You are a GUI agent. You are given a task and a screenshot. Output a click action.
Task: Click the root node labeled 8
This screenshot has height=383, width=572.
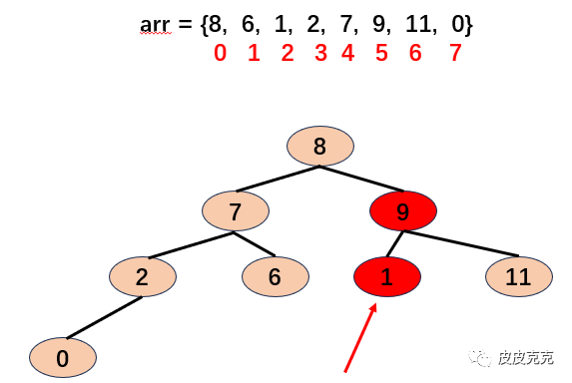tap(319, 146)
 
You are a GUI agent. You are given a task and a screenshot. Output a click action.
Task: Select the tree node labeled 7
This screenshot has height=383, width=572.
tap(236, 210)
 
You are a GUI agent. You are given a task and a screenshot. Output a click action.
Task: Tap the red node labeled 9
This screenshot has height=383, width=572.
tap(403, 210)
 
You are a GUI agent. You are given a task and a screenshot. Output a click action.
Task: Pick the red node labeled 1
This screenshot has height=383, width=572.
tap(387, 276)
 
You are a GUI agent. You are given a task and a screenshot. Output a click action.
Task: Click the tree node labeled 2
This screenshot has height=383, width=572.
tap(143, 276)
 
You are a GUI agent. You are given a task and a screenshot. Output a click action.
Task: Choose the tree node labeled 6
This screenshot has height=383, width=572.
tap(276, 276)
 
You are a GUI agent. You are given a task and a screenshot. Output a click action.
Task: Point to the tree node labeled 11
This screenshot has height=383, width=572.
tap(519, 276)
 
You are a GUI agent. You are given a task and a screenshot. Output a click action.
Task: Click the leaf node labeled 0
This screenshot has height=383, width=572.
tap(63, 357)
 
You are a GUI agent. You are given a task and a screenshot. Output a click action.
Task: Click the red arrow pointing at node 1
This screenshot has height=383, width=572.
tap(360, 338)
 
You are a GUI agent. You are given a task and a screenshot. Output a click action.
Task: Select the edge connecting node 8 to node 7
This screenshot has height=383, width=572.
tap(278, 179)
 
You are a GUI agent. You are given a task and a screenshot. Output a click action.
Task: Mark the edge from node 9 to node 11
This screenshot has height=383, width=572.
tap(461, 243)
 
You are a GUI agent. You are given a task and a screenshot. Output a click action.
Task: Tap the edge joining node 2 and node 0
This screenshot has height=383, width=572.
tap(105, 317)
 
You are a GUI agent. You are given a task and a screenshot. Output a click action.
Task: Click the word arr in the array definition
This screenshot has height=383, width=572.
tap(155, 25)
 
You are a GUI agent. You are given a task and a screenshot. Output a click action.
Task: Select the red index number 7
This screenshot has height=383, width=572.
tap(455, 53)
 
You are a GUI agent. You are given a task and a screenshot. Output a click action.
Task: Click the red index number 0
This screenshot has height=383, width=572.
tap(220, 53)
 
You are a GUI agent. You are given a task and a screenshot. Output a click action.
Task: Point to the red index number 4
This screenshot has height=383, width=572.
tap(348, 53)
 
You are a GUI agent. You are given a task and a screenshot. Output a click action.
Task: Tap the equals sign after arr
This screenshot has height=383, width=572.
tap(185, 24)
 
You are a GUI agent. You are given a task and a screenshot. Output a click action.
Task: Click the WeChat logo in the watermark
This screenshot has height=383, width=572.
tap(480, 357)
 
